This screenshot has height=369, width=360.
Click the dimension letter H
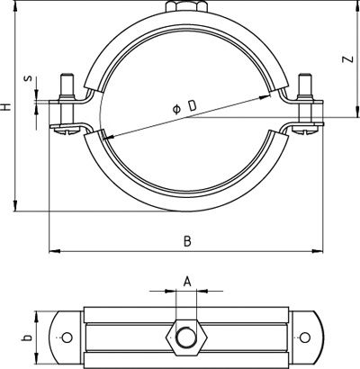pyautogui.click(x=6, y=107)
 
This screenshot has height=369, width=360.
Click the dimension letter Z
pyautogui.click(x=347, y=59)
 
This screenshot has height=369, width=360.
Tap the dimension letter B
pyautogui.click(x=187, y=241)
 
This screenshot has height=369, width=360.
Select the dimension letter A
pyautogui.click(x=187, y=282)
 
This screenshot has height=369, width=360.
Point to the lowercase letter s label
pyautogui.click(x=29, y=78)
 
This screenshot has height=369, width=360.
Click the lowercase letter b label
pyautogui.click(x=27, y=337)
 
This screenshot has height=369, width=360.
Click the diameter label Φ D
pyautogui.click(x=184, y=107)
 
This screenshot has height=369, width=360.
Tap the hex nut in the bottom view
pyautogui.click(x=186, y=337)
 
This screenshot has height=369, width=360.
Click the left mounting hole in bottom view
pyautogui.click(x=67, y=337)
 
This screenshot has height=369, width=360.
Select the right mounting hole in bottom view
pyautogui.click(x=305, y=337)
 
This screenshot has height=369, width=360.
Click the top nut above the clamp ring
pyautogui.click(x=186, y=6)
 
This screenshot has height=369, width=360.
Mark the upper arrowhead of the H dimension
pyautogui.click(x=14, y=6)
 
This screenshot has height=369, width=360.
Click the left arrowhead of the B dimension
pyautogui.click(x=54, y=251)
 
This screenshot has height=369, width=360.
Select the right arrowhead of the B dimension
pyautogui.click(x=317, y=251)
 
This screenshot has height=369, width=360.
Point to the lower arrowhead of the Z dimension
pyautogui.click(x=357, y=112)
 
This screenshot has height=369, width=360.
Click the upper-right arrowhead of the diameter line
pyautogui.click(x=265, y=97)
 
